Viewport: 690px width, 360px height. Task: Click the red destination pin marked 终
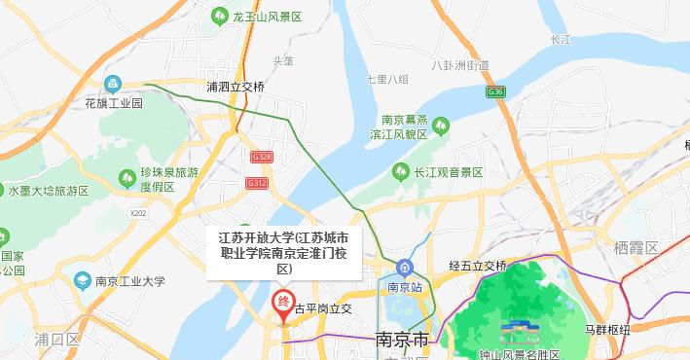click(283, 305)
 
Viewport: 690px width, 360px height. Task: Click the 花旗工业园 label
click(113, 102)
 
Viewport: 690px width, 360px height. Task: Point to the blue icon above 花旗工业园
click(114, 84)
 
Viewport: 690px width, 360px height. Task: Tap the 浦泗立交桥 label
click(235, 87)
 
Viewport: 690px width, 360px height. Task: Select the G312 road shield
click(257, 183)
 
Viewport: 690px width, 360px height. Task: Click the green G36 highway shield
click(496, 91)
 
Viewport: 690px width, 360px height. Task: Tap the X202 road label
click(137, 212)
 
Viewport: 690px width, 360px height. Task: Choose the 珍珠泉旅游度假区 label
click(169, 179)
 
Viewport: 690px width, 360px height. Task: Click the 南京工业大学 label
click(130, 282)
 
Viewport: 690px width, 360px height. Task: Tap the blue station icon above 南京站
click(404, 268)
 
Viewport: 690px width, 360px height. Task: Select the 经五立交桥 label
click(478, 266)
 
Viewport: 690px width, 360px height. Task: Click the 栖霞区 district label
click(636, 248)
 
